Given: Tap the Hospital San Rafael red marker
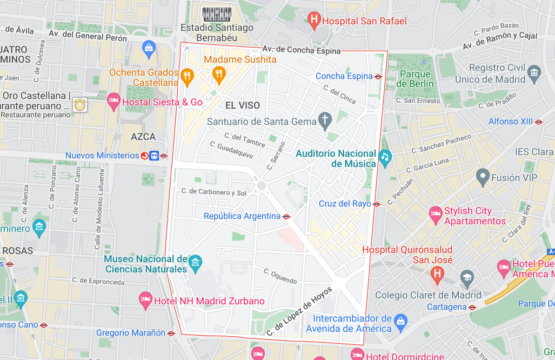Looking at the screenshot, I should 314,19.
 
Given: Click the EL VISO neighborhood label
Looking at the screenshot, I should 243,105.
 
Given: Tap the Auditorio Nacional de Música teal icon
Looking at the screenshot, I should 384,158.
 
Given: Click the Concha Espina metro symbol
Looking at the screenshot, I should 378,76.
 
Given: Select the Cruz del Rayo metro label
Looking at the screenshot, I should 344,203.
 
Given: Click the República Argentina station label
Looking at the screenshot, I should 242,215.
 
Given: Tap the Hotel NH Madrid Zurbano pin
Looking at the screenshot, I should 145,300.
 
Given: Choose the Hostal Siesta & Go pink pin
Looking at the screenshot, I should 114,100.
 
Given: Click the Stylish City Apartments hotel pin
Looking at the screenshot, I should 435,213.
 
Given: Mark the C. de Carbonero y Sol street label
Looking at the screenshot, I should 212,192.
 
